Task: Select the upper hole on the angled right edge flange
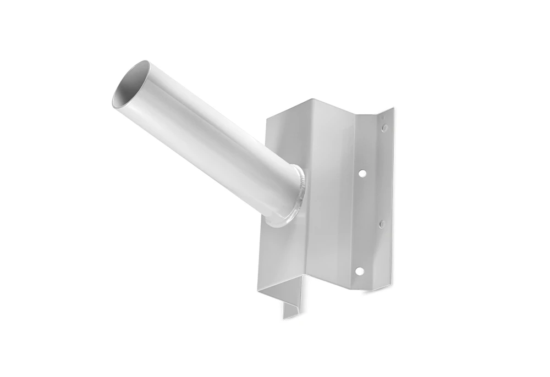point(384,127)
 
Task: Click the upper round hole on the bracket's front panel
point(362,173)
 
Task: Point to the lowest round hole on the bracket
point(359,270)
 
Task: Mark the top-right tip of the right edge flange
point(393,109)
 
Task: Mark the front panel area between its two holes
point(360,223)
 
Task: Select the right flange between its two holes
point(383,176)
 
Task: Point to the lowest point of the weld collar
point(278,225)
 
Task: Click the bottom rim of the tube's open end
point(122,105)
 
